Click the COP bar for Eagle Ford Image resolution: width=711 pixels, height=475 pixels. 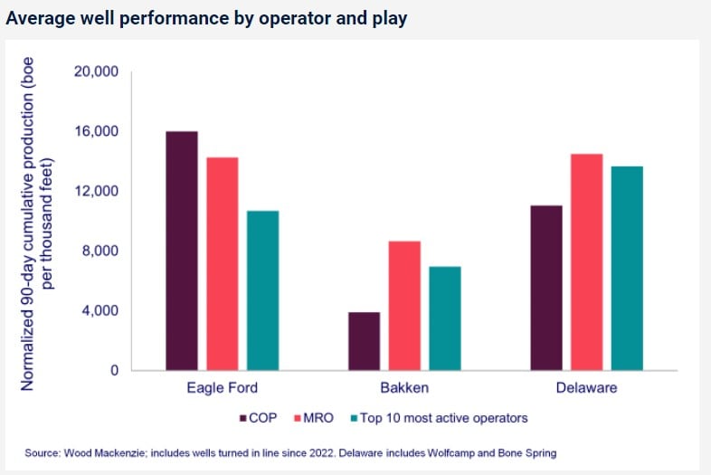point(182,251)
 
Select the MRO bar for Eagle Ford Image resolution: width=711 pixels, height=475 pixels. point(222,264)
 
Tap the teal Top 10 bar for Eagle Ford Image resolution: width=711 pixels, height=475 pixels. point(262,290)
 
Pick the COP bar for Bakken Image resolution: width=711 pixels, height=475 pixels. point(364,341)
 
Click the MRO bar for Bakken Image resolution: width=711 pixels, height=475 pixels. point(404,306)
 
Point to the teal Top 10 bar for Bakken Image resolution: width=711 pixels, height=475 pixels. point(444,318)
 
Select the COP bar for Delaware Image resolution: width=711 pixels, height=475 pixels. point(545,288)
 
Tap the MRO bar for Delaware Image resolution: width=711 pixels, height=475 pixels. point(586,262)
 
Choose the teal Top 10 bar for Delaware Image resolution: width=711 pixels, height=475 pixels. point(626,268)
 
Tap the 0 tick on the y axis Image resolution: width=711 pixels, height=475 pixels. point(114,371)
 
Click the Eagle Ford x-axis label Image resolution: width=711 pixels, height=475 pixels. point(222,389)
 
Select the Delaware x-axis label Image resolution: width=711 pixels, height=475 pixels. point(586,389)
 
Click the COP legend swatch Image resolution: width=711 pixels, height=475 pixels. point(243,418)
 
